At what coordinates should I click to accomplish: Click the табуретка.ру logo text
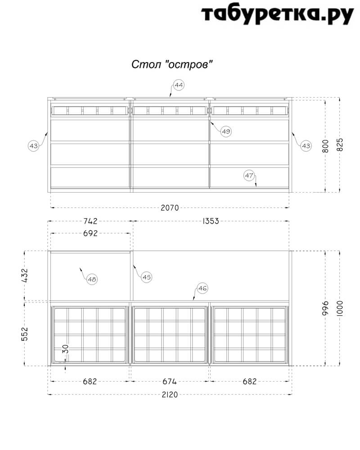tap(277, 14)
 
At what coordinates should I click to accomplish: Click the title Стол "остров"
tap(172, 64)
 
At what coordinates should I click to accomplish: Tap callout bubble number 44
tap(179, 85)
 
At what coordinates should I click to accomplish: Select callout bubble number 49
tap(226, 131)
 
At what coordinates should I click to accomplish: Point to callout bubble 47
tap(249, 175)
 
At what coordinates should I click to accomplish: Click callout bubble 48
tap(92, 279)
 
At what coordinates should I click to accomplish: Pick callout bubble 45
tap(146, 277)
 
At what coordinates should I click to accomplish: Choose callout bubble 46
tap(202, 288)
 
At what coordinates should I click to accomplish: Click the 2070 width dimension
tap(170, 207)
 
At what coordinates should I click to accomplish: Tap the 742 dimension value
tap(90, 221)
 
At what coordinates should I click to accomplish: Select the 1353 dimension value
tap(211, 221)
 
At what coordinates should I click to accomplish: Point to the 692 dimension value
tap(90, 233)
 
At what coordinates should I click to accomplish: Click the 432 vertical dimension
tap(25, 275)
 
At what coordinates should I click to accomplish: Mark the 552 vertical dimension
tap(25, 334)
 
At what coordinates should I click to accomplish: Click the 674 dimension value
tap(169, 382)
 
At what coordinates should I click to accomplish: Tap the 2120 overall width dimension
tap(170, 395)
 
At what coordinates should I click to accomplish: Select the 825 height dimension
tap(340, 145)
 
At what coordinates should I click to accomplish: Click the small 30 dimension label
tap(66, 349)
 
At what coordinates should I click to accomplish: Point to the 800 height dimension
tap(325, 146)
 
